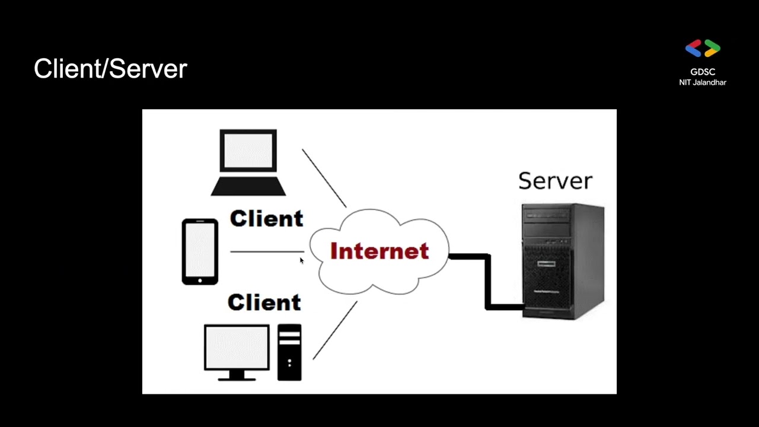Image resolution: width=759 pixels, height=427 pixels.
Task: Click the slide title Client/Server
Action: [110, 69]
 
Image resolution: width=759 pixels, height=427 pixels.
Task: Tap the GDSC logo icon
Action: [703, 48]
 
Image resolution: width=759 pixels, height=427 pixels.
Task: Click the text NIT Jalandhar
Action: [703, 82]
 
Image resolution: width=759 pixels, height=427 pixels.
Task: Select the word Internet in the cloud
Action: [379, 251]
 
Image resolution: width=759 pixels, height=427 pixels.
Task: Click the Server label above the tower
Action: [556, 181]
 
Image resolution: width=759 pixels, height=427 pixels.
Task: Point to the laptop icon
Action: [248, 162]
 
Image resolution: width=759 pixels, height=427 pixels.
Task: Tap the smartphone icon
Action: [200, 252]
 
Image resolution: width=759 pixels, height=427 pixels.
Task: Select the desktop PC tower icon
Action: [289, 352]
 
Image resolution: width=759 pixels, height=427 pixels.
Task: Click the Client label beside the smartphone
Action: [266, 218]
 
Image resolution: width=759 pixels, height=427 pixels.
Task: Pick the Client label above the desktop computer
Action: [264, 302]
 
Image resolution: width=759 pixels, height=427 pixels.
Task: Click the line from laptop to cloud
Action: [324, 179]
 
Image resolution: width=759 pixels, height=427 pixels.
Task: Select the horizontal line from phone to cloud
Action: [267, 252]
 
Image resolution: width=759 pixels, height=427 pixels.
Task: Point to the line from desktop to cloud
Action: [335, 330]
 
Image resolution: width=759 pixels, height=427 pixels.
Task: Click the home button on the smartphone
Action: [200, 281]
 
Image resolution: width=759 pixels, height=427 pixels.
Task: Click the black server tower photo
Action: [563, 262]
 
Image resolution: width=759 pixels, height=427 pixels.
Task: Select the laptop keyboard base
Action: [248, 186]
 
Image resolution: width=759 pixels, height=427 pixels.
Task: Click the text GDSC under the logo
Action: [703, 72]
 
